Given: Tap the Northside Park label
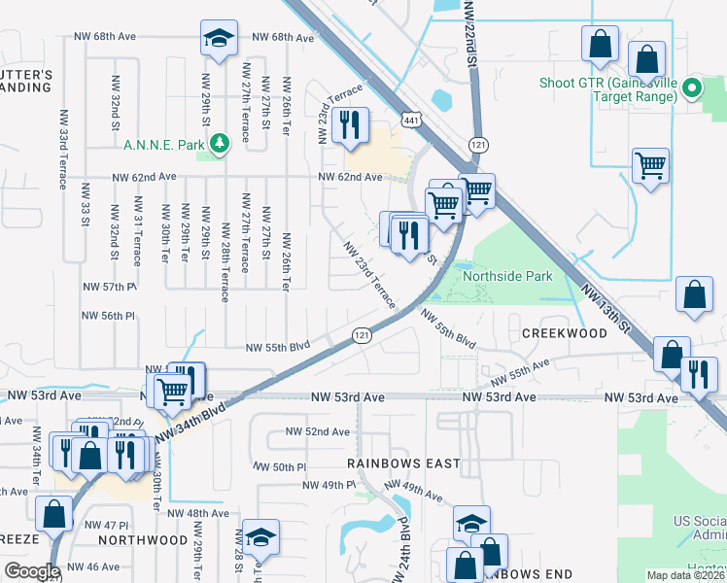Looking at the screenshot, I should click(x=507, y=277).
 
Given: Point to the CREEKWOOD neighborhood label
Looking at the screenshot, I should click(x=565, y=333).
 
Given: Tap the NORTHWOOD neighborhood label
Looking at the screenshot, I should click(x=143, y=539).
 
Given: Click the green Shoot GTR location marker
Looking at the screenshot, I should click(x=692, y=89).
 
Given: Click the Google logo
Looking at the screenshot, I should click(x=32, y=571).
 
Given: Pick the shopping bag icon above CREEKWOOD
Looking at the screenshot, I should click(x=695, y=296).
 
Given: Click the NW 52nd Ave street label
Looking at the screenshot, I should click(x=317, y=431).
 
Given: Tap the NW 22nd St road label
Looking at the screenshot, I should click(x=472, y=34).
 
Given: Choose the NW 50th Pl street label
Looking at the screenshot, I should click(x=276, y=467).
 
